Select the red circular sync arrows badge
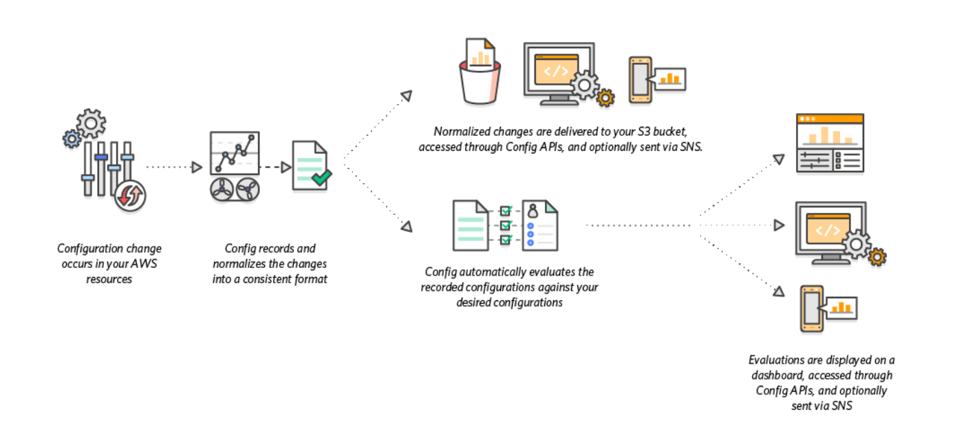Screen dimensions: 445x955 click(130, 196)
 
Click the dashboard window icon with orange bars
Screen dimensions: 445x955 click(830, 143)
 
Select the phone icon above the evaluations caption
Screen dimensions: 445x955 click(812, 309)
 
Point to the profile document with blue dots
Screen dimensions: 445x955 click(539, 225)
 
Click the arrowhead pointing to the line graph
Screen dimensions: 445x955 click(196, 167)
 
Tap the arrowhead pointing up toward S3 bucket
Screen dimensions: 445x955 click(407, 95)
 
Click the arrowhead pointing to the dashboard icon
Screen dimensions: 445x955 click(778, 160)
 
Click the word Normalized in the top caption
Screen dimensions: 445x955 click(459, 131)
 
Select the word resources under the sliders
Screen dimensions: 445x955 click(109, 279)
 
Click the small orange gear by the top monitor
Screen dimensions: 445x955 click(605, 98)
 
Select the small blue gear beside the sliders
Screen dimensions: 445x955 click(72, 139)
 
